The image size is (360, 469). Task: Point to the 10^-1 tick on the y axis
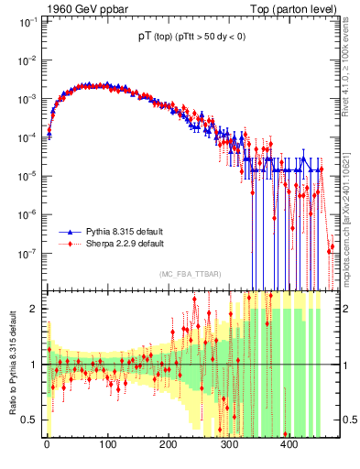(x=27, y=20)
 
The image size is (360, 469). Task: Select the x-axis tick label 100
(x=107, y=444)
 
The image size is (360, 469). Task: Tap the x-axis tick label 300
(x=228, y=444)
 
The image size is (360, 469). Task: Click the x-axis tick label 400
(x=289, y=444)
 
